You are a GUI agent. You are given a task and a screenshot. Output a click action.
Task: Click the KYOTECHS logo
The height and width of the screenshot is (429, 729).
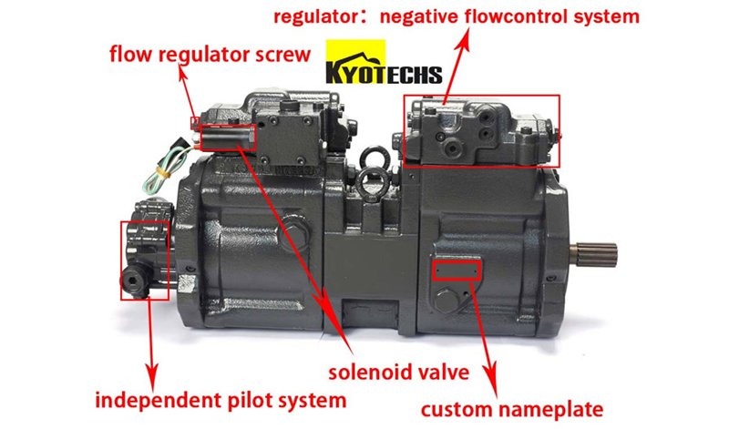[x=384, y=62]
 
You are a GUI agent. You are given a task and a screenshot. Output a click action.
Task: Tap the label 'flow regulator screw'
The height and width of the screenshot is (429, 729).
[x=210, y=55]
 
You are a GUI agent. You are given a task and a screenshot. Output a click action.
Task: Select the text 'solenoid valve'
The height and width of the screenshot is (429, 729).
[x=398, y=372]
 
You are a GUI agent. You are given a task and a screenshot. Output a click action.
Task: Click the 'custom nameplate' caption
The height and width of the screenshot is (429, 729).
[x=512, y=410]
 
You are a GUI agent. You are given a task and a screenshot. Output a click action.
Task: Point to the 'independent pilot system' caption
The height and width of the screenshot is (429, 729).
[x=221, y=401]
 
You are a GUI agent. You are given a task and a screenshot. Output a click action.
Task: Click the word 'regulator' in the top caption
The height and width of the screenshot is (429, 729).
[x=316, y=17]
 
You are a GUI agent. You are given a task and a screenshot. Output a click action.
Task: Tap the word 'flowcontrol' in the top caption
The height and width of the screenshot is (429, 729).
[x=518, y=16]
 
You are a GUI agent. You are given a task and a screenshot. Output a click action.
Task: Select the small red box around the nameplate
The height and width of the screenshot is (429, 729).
[x=457, y=270]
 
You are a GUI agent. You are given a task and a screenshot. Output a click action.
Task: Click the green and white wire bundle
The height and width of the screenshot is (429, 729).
[x=164, y=166]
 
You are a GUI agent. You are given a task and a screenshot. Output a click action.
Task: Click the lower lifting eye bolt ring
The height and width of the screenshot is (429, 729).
[x=374, y=184]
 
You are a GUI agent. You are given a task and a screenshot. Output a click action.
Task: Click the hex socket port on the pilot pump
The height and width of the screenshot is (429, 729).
[x=132, y=281]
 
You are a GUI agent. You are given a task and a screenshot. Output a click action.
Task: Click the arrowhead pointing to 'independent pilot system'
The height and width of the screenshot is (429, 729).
[x=151, y=374]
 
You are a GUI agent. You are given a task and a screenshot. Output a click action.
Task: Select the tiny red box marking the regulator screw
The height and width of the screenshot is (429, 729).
[x=195, y=123]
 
